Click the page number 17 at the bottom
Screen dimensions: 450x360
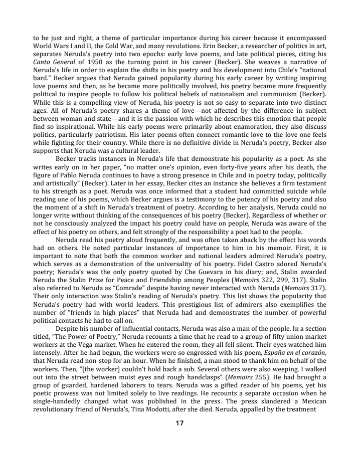coord(179,423)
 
